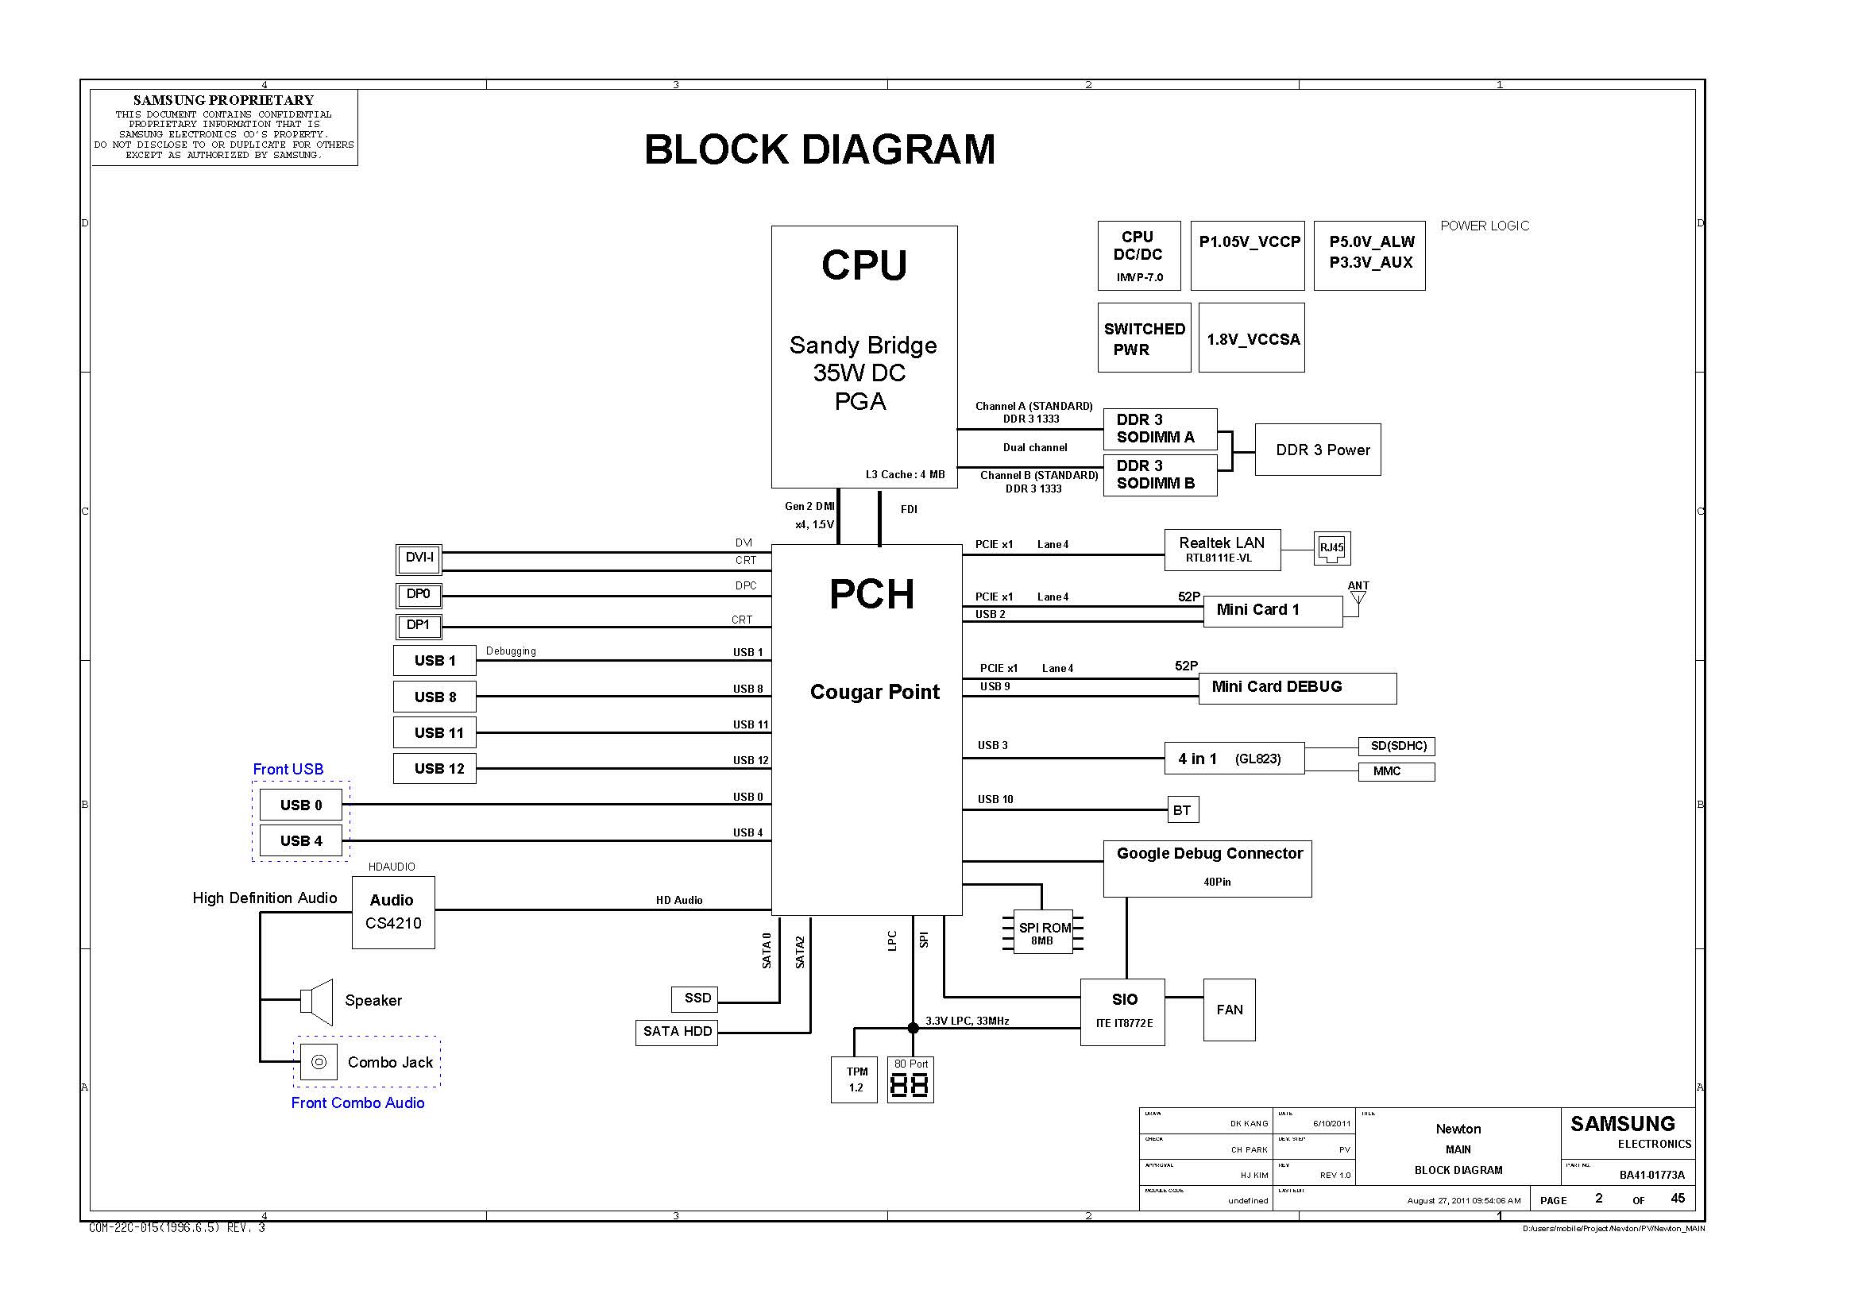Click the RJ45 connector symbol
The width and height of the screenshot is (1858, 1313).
1331,549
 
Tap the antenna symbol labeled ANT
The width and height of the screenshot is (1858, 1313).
1358,598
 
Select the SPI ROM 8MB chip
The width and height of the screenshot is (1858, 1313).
1043,933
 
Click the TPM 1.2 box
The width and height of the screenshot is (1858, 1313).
854,1079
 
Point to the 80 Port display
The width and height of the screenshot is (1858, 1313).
910,1080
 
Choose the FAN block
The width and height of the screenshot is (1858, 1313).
1229,1010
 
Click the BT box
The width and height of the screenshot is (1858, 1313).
1181,810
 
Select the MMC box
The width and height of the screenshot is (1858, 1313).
1396,771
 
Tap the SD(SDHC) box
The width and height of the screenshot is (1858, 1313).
1396,746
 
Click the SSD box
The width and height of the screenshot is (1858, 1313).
694,998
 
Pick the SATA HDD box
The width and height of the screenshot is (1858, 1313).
677,1032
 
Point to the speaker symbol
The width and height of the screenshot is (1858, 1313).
317,1002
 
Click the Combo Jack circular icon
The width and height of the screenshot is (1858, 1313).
319,1062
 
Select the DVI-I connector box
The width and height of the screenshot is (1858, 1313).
419,558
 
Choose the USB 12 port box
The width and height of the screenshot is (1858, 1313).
435,769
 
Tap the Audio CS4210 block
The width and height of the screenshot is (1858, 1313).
393,912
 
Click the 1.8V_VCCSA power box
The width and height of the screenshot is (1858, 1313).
1251,338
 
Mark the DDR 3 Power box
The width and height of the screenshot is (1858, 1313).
1317,450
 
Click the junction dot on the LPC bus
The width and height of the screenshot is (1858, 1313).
913,1028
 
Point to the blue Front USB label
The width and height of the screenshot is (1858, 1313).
288,770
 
